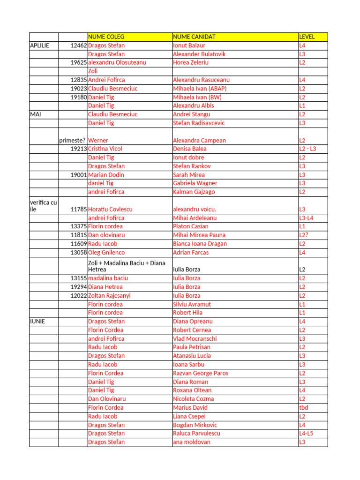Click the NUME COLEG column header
106,37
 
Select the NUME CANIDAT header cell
194,37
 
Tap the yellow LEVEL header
307,37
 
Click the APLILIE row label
39,45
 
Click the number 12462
79,45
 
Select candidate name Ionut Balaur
189,45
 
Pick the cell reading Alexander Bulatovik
199,54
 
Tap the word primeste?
72,140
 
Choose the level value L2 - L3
307,149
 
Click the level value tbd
304,407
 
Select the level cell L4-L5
307,433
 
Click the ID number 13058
79,252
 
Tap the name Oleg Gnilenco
106,252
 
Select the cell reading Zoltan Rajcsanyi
109,295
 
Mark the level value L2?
304,235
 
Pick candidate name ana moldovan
192,442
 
